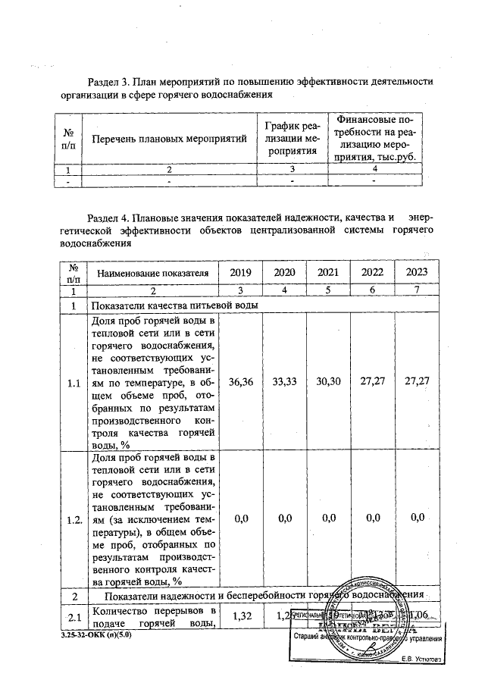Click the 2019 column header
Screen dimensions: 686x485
239,272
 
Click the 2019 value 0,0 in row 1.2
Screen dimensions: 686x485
242,518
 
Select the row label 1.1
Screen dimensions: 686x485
74,384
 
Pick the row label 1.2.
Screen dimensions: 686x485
74,519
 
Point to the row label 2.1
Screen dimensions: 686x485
74,615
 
